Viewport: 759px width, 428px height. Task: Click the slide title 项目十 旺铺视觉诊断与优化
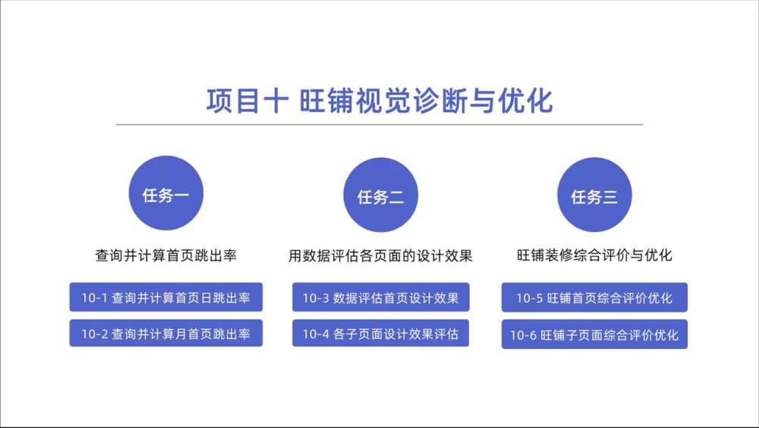[x=379, y=101]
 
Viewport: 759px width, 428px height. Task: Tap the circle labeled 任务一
[x=166, y=193]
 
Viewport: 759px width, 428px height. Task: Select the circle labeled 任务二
[x=380, y=195]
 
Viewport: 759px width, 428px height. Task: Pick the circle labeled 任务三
[x=594, y=195]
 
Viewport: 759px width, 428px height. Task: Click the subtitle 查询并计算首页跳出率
[x=166, y=255]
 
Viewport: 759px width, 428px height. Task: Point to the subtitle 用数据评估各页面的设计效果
[x=380, y=255]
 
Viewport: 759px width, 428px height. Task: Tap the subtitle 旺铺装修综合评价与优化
[x=594, y=255]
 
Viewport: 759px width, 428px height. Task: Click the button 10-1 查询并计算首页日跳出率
[x=166, y=297]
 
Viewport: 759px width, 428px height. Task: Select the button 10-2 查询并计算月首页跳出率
[x=166, y=333]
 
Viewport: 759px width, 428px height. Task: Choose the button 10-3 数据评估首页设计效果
[x=380, y=297]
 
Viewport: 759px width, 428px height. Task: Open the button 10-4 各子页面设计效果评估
[x=380, y=333]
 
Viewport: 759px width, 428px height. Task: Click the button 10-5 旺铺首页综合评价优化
[x=594, y=297]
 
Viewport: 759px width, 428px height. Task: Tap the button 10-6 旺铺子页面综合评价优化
[x=594, y=334]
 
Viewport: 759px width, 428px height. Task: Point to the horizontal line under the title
[x=379, y=125]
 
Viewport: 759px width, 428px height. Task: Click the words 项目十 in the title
[x=248, y=101]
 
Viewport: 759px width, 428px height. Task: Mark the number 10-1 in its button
[x=94, y=297]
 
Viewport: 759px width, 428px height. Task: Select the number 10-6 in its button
[x=523, y=335]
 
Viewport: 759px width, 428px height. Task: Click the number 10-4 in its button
[x=316, y=334]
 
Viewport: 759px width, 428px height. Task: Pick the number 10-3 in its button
[x=316, y=297]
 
